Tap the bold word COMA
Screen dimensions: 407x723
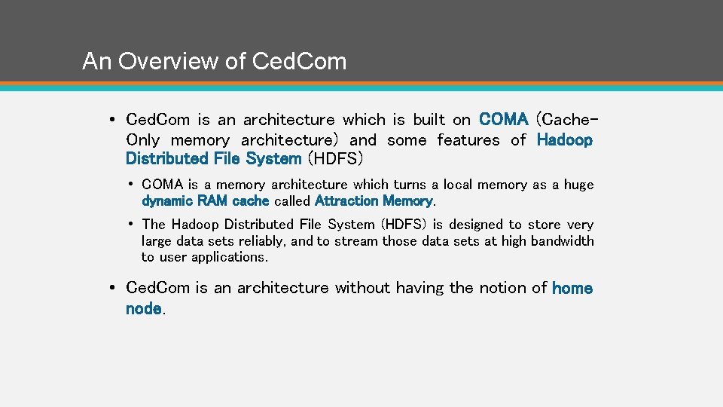point(504,120)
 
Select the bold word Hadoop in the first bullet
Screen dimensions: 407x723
point(565,140)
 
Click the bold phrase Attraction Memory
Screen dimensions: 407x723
point(374,201)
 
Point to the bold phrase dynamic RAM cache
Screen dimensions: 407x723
point(206,201)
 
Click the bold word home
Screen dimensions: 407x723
point(572,288)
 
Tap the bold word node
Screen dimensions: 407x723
point(143,308)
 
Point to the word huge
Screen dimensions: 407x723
point(578,185)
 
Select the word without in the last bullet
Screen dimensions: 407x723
point(361,288)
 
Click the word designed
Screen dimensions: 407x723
point(476,225)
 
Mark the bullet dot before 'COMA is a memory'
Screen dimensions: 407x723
point(131,185)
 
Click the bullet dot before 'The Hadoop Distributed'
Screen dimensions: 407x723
point(131,225)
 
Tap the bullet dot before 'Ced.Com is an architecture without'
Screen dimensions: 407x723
point(111,288)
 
